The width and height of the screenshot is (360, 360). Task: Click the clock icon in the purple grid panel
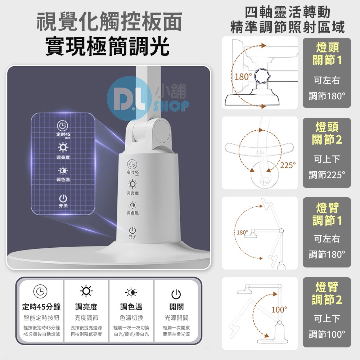[x=63, y=125]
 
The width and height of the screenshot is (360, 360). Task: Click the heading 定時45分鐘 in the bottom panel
[x=41, y=307]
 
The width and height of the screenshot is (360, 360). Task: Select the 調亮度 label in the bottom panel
[x=86, y=307]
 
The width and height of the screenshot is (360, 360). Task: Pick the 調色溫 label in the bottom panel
[x=131, y=307]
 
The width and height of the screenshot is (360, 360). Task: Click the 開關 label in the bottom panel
[x=176, y=307]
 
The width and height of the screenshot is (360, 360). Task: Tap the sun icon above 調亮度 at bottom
[x=86, y=291]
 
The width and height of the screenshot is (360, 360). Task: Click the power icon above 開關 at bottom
[x=176, y=294]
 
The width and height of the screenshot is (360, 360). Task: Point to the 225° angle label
[x=288, y=165]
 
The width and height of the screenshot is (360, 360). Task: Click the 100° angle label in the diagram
[x=279, y=309]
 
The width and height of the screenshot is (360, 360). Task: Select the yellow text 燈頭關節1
[x=327, y=54]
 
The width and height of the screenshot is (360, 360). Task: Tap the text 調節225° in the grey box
[x=327, y=175]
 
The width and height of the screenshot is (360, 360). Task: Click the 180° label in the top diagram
[x=243, y=77]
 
